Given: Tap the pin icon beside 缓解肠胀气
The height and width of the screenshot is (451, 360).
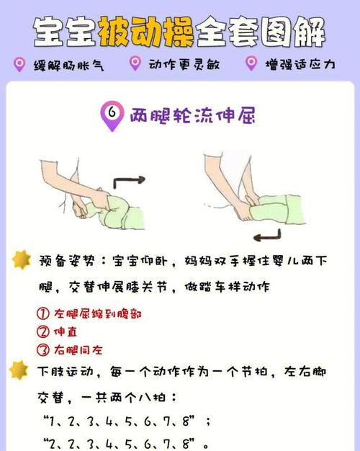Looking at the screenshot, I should pos(20,64).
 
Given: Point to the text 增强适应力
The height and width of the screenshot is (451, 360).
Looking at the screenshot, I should pos(300,65).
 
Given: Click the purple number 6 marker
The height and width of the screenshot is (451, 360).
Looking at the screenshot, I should pos(112,115).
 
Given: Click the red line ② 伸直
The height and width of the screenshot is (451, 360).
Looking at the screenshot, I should pos(57,333).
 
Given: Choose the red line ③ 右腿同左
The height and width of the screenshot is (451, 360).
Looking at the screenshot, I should pos(69,351).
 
